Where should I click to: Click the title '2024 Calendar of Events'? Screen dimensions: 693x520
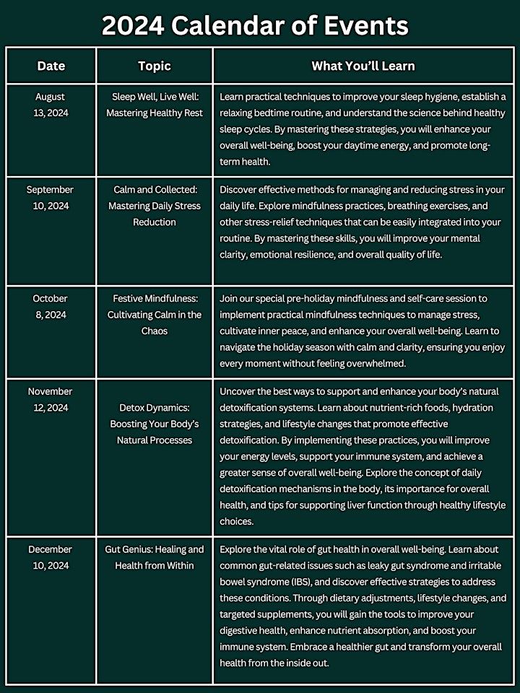tap(255, 26)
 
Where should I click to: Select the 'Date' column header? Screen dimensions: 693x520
tap(51, 66)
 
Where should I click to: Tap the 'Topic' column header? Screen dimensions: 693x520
tap(155, 66)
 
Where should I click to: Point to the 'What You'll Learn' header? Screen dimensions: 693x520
tap(363, 66)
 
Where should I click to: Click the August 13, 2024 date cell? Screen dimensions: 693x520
tap(50, 104)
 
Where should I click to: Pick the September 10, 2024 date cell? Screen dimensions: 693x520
tap(50, 198)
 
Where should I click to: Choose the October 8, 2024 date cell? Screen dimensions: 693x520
tap(50, 306)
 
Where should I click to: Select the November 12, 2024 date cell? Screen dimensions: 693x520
tap(50, 399)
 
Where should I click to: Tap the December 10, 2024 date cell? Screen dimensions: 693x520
tap(50, 557)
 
